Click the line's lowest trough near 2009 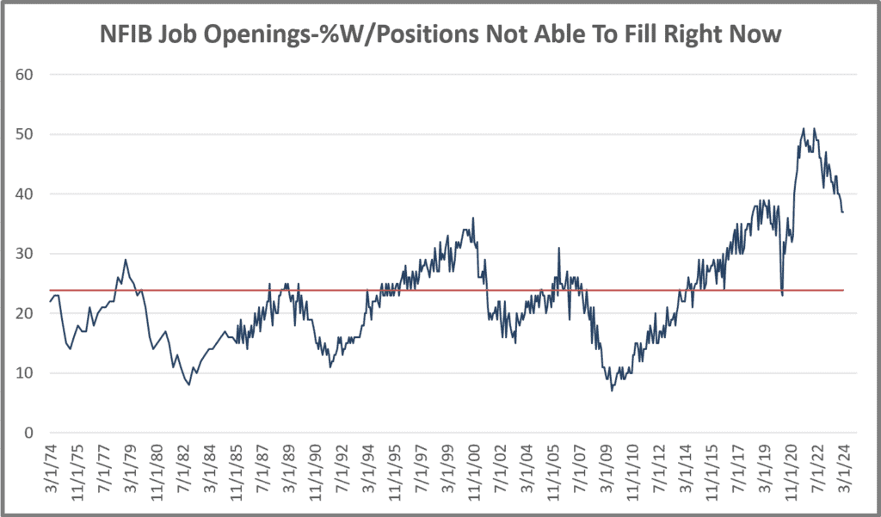[612, 391]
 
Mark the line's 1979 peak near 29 [126, 260]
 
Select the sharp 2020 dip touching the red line [782, 295]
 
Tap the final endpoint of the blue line [843, 212]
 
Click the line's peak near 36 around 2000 [473, 218]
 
